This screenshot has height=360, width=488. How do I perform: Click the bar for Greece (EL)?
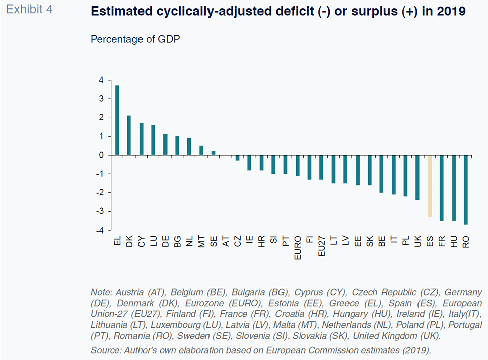coord(117,120)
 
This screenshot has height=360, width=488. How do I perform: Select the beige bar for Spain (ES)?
coord(430,186)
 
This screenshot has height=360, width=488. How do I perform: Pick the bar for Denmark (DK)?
coord(129,135)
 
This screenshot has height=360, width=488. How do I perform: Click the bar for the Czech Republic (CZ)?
coord(238,158)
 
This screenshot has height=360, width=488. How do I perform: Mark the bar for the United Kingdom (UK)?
coord(417,177)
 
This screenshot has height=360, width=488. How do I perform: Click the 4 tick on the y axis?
coord(101,80)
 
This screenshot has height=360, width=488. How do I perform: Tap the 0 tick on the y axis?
coord(101,155)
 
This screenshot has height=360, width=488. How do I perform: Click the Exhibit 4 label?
coord(30,10)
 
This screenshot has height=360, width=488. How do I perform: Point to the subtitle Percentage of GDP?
coord(135,39)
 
